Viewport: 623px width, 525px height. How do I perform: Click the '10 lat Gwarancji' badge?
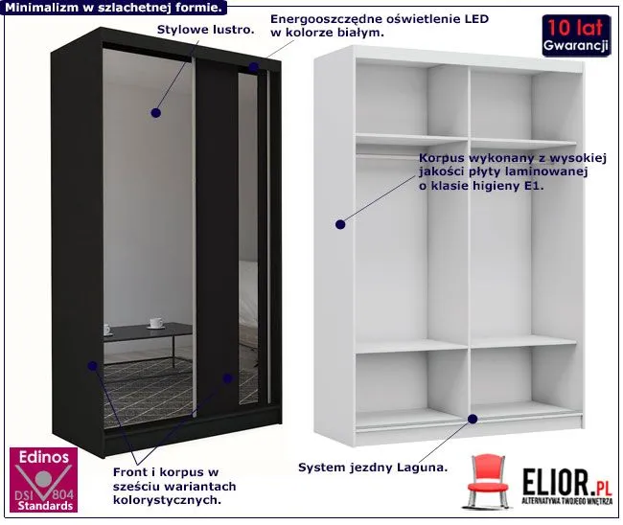pos(575,34)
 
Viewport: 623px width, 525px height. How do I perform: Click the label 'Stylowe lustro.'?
pos(206,30)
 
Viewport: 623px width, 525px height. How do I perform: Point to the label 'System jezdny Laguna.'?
pos(373,468)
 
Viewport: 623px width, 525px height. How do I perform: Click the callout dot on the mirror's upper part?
pos(157,113)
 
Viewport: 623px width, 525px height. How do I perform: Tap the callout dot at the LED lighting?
pos(253,68)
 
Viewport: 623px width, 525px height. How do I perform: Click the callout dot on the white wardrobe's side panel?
pos(338,225)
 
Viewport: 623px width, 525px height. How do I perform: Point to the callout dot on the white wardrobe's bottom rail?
pos(473,419)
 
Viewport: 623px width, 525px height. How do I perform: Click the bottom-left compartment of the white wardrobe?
pos(397,383)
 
